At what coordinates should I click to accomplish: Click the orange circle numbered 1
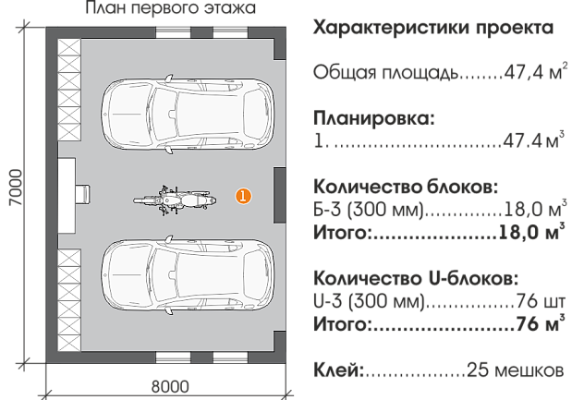[243, 196]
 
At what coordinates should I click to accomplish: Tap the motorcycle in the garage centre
[175, 200]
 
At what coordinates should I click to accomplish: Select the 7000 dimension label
[16, 188]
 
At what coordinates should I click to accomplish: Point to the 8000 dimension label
[170, 386]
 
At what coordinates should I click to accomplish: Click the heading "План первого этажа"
[171, 7]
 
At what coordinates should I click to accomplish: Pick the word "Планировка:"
[374, 118]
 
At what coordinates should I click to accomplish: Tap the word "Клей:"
[338, 370]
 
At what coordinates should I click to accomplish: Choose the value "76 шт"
[541, 301]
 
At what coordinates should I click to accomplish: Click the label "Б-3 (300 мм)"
[369, 210]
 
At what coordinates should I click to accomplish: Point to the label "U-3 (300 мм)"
[369, 301]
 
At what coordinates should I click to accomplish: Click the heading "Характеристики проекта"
[433, 28]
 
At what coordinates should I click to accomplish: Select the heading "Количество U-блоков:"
[416, 278]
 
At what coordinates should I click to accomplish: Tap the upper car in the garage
[188, 114]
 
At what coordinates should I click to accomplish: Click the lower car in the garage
[188, 275]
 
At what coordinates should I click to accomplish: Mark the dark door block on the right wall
[280, 195]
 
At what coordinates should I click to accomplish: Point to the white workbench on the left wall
[67, 195]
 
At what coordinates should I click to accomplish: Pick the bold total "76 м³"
[541, 323]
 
